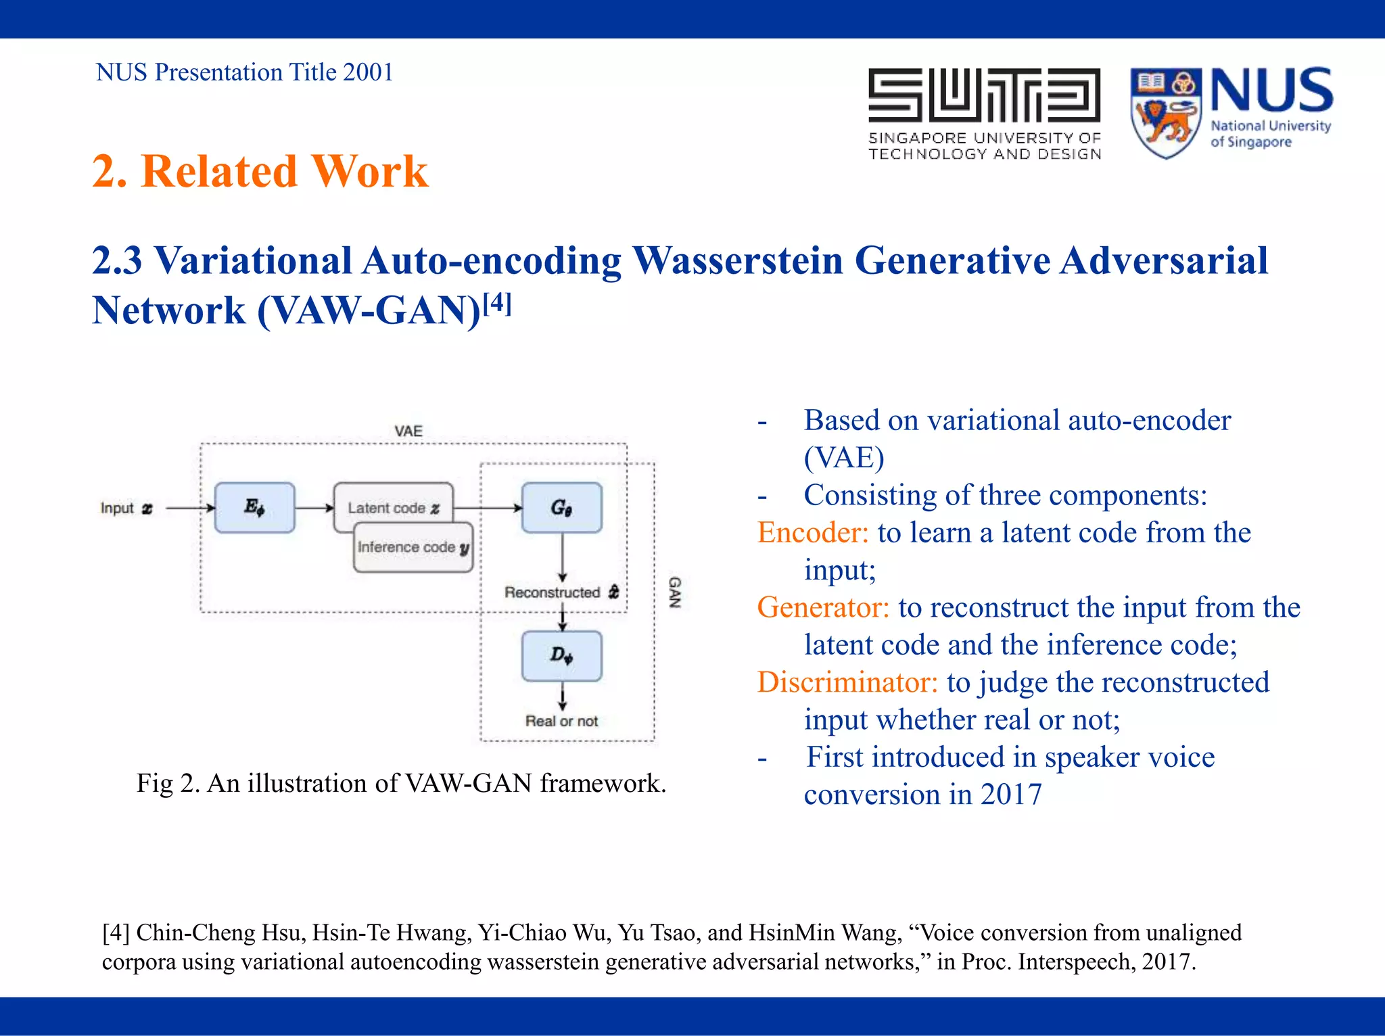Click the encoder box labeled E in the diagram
coord(254,507)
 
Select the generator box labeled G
coord(561,507)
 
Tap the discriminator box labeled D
coord(561,655)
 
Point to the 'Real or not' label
coord(561,721)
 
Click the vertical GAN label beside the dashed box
coord(674,592)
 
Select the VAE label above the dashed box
coord(408,431)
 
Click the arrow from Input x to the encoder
coord(189,508)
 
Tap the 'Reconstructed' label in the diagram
coord(553,592)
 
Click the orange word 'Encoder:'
coord(812,532)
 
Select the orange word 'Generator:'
coord(822,607)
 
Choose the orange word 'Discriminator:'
coord(847,682)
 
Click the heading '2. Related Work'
coord(260,170)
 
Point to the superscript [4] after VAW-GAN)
coord(497,303)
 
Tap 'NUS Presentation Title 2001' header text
coord(244,72)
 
